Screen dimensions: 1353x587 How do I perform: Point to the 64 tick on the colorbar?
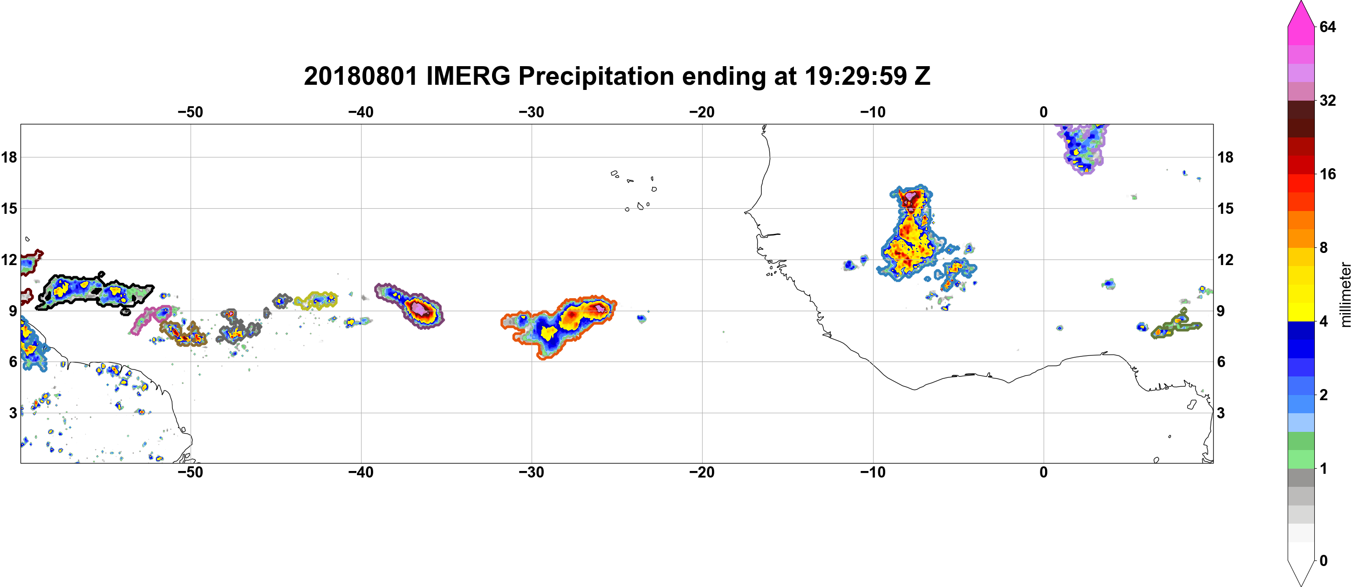pos(1327,26)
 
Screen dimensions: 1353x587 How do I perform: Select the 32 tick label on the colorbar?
pos(1327,100)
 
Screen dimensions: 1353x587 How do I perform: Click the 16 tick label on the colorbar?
pos(1327,174)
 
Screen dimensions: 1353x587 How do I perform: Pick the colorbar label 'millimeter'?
pos(1345,295)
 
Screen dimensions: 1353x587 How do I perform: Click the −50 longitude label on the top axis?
pos(190,112)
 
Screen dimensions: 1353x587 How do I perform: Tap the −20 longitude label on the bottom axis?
pos(702,472)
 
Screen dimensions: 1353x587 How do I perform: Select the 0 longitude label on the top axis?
pos(1044,112)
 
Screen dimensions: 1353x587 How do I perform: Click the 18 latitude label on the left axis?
pos(9,157)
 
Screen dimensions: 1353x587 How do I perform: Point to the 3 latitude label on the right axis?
pos(1221,413)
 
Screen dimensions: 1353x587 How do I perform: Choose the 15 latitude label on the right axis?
pos(1225,208)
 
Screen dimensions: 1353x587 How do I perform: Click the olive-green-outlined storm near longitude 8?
pos(1176,326)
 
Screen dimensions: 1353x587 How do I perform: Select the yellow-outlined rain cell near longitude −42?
pos(316,300)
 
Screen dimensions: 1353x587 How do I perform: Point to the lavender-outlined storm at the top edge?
pos(1082,147)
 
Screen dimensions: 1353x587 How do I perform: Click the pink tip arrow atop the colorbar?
pos(1300,13)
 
